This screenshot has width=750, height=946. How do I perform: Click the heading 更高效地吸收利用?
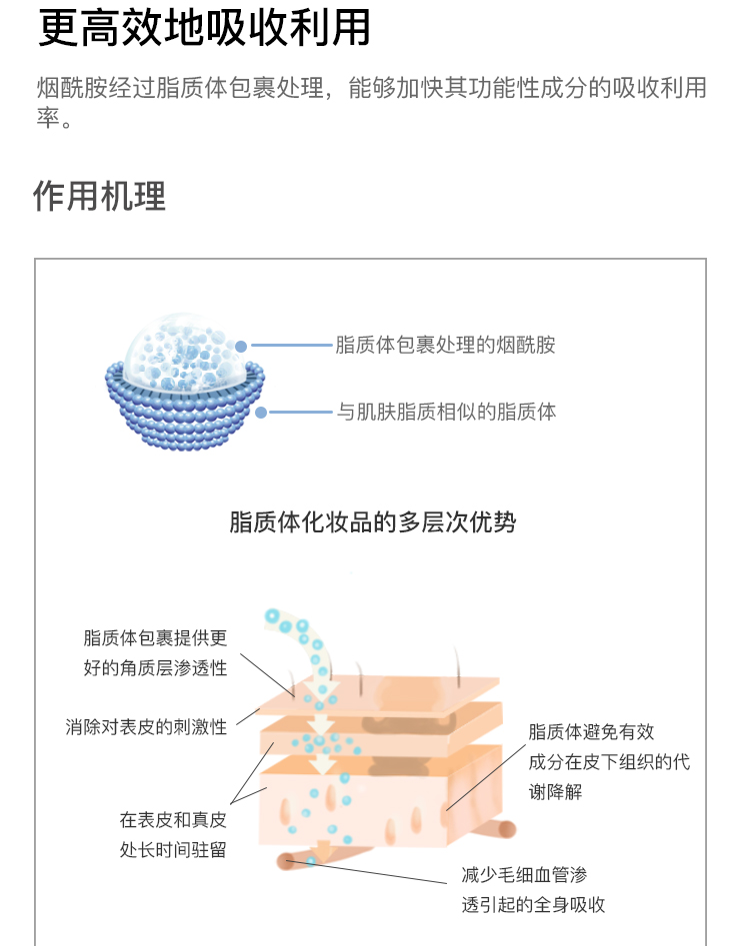click(204, 28)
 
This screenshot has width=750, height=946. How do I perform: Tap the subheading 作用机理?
click(100, 196)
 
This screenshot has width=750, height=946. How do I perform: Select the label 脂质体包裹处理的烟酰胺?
click(445, 345)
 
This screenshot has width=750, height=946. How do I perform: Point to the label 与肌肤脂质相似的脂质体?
click(446, 413)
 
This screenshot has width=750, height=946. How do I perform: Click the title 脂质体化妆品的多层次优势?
click(373, 521)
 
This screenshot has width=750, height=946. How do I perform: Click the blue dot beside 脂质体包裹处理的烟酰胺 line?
click(241, 347)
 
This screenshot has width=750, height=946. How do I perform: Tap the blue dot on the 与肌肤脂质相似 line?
click(261, 413)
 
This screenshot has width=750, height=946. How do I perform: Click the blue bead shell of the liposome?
click(185, 417)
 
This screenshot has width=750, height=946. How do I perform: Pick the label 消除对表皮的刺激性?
click(146, 727)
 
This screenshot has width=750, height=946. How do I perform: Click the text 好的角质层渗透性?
click(155, 668)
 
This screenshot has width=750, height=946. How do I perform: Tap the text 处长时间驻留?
click(173, 850)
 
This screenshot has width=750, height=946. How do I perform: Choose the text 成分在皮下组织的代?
click(609, 762)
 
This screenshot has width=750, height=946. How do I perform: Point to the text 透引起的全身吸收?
click(533, 904)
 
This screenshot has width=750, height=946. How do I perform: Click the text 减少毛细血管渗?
click(524, 874)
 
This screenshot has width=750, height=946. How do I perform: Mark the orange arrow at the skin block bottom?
click(324, 850)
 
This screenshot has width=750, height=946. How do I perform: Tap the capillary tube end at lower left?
click(285, 861)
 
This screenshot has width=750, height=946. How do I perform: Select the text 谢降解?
click(556, 791)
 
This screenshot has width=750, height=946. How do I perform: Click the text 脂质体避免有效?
click(591, 732)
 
